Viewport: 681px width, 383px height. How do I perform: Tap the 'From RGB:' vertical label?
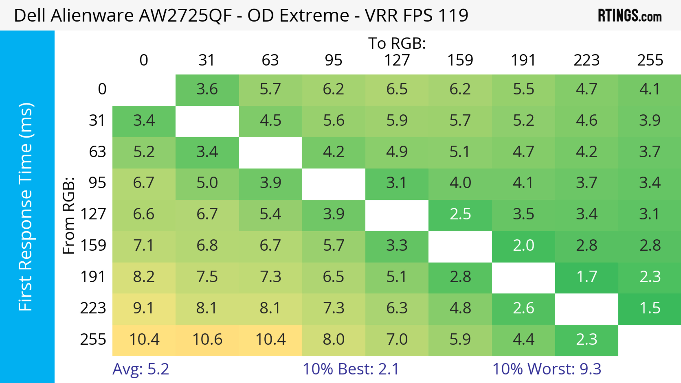pyautogui.click(x=68, y=216)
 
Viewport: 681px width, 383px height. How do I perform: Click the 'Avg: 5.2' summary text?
pyautogui.click(x=141, y=369)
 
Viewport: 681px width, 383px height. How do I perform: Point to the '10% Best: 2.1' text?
pyautogui.click(x=351, y=369)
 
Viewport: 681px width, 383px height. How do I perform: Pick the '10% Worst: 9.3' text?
pyautogui.click(x=547, y=369)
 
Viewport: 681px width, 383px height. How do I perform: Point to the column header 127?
pyautogui.click(x=397, y=60)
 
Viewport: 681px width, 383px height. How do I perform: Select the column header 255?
pyautogui.click(x=650, y=60)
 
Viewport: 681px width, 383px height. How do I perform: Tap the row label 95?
pyautogui.click(x=97, y=183)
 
